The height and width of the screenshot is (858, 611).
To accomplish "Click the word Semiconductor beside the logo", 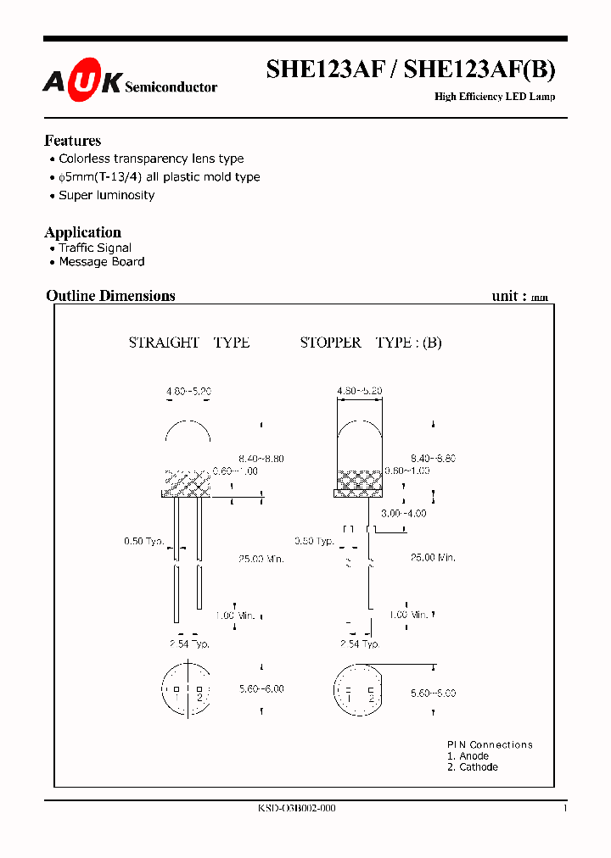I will click(x=171, y=87).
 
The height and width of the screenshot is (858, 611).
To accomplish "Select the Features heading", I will click(x=73, y=141).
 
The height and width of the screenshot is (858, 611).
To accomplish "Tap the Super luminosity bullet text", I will click(x=107, y=195).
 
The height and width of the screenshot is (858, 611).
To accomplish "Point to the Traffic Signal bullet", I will click(x=95, y=248).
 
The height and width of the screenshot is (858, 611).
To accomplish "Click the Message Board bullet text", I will click(x=102, y=262).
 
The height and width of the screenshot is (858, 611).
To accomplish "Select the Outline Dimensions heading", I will click(x=110, y=296).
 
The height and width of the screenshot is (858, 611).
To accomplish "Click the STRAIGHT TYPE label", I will click(x=188, y=343).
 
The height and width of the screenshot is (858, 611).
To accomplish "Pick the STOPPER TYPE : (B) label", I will click(x=371, y=343).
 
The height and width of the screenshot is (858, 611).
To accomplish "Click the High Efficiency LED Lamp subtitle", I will click(x=495, y=97).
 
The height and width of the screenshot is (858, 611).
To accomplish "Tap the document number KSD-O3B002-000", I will click(x=297, y=809).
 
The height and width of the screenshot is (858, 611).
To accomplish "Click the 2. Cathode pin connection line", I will click(x=473, y=767).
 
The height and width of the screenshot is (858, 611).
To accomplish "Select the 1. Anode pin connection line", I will click(x=468, y=756).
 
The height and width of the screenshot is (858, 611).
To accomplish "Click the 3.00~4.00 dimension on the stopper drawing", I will click(x=404, y=514).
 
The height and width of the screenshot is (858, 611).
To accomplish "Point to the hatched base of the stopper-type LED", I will click(x=359, y=482).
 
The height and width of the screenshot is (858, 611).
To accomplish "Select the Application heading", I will click(x=83, y=232).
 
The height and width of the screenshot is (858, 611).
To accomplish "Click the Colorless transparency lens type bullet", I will click(x=151, y=159).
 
